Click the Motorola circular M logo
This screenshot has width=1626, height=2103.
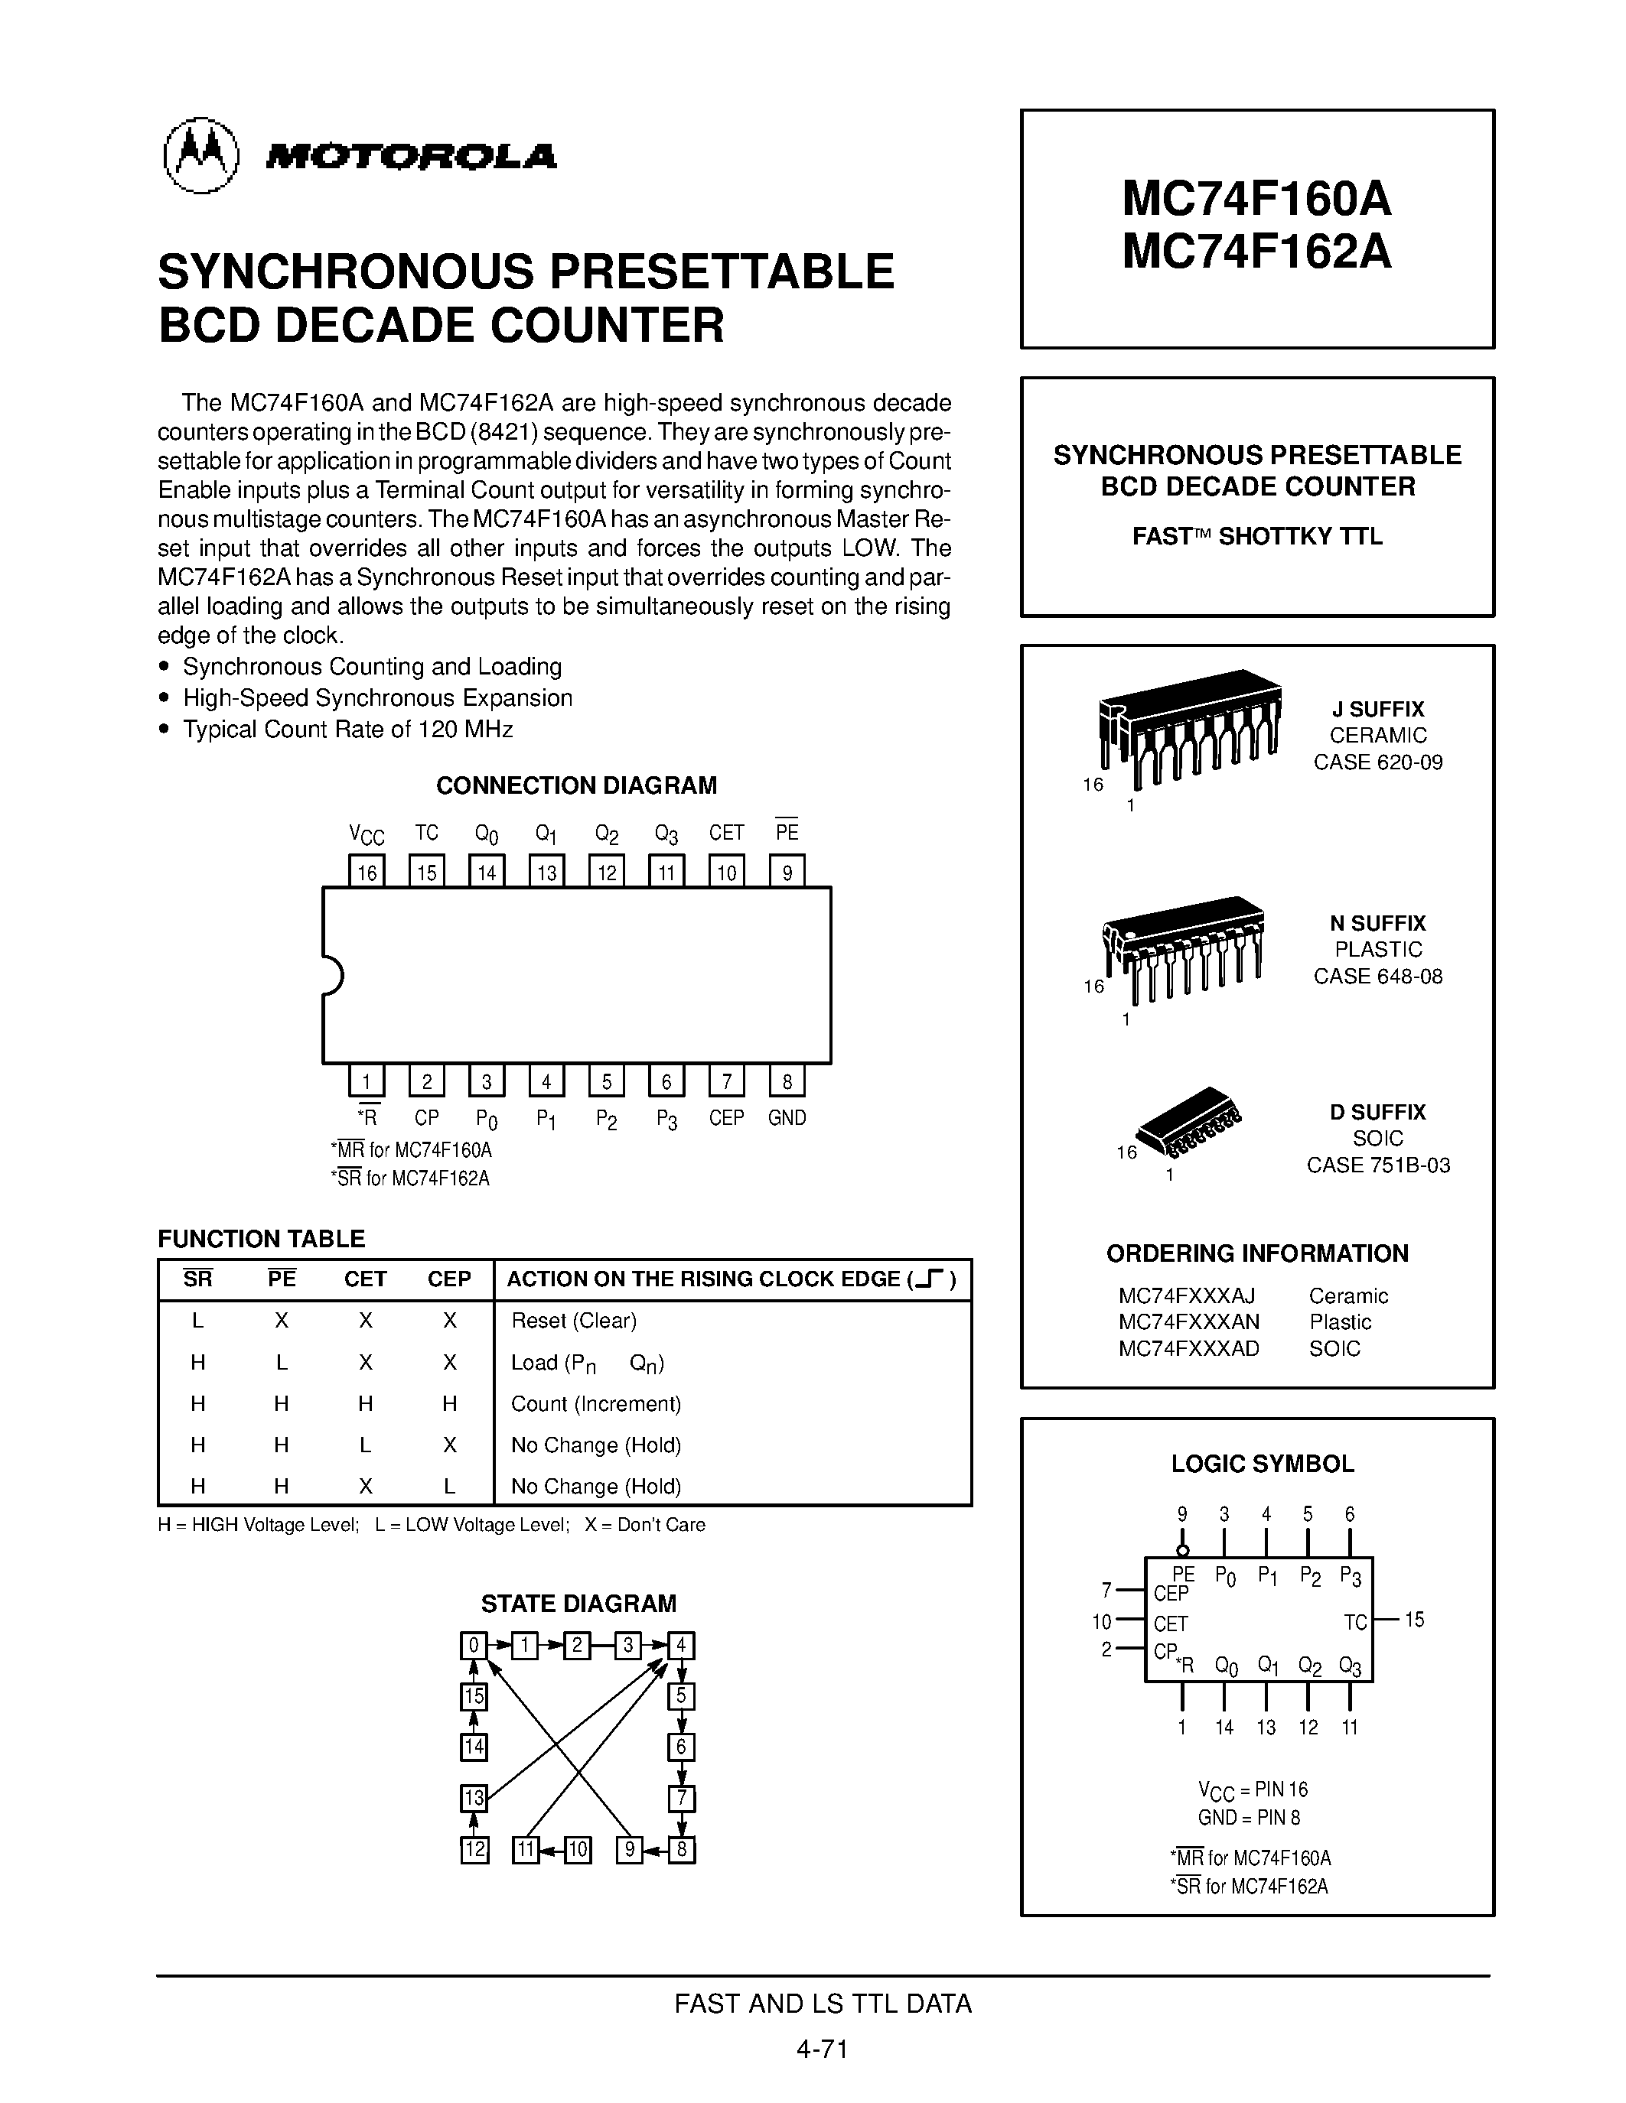[200, 156]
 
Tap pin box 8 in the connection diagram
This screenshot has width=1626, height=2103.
[787, 1081]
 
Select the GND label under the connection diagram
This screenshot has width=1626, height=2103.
[787, 1118]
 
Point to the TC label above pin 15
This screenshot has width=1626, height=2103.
[427, 833]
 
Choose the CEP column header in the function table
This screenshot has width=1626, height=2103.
[449, 1279]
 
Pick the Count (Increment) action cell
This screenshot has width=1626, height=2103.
[596, 1404]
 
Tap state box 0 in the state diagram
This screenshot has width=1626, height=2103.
[474, 1645]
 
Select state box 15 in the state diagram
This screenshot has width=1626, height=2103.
[474, 1695]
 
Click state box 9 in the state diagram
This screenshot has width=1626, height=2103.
[629, 1850]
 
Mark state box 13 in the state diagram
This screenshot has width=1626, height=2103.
[474, 1798]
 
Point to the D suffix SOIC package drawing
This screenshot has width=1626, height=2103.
[1191, 1121]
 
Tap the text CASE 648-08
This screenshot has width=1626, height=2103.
[1378, 977]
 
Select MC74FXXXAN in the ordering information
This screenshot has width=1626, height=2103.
[1188, 1322]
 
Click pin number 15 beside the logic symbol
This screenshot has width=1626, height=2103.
[1414, 1620]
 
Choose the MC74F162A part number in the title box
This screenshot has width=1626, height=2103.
[1257, 252]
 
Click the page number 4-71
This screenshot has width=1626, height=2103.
[822, 2049]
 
